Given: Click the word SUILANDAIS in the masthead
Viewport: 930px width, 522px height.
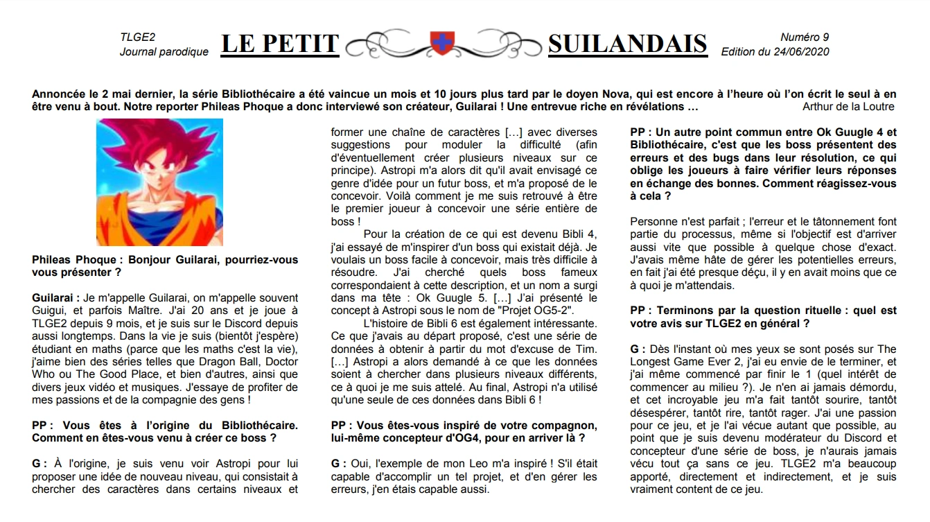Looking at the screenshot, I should [x=627, y=44].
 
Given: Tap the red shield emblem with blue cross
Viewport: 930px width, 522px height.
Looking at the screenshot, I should [x=441, y=43].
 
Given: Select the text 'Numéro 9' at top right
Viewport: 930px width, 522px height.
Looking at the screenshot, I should [x=804, y=37].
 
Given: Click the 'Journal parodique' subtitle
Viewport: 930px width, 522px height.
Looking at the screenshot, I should [x=164, y=52].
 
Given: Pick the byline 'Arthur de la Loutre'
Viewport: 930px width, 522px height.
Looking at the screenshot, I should [x=848, y=107].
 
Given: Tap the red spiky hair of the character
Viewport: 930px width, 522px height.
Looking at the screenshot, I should [x=158, y=146].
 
